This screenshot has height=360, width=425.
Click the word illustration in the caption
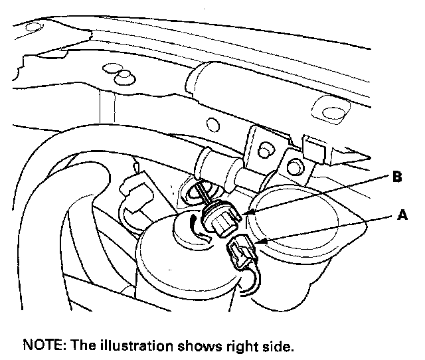[130, 346]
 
